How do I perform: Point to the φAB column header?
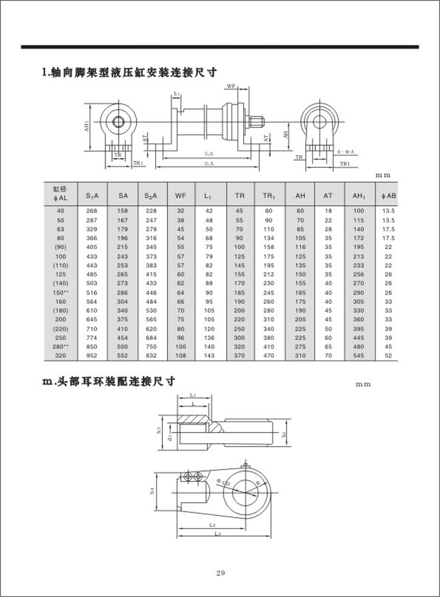(x=388, y=196)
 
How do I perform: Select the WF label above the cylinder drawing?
(x=231, y=87)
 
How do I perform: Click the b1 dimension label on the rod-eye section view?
(x=284, y=434)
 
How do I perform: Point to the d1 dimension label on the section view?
(x=171, y=438)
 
